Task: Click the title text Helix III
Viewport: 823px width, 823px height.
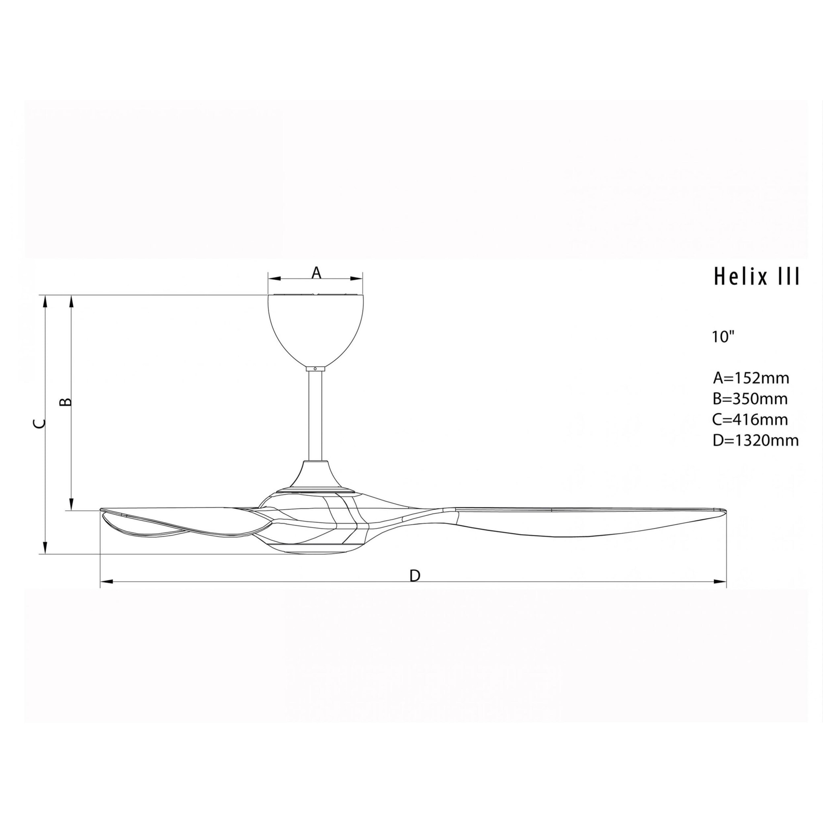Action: coord(757,276)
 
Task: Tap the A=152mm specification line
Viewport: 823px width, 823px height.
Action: coord(751,378)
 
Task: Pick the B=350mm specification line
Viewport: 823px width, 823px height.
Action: coord(750,399)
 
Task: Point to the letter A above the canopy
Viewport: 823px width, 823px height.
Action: coord(315,272)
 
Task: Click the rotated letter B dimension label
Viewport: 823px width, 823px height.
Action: coord(65,402)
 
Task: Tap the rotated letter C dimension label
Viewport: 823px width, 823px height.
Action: coord(39,424)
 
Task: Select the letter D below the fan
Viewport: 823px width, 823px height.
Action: coord(414,576)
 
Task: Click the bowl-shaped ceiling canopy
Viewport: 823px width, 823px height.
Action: coord(315,328)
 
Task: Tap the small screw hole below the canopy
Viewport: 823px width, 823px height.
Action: coord(315,369)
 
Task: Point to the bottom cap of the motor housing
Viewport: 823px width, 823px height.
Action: coord(315,551)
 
